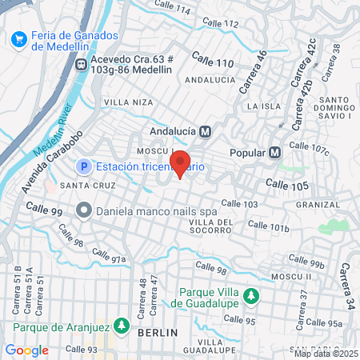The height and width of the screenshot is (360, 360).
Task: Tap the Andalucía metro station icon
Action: pyautogui.click(x=206, y=131)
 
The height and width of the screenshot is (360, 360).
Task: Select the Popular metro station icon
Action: pyautogui.click(x=275, y=152)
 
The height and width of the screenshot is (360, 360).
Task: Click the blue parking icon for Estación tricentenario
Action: pyautogui.click(x=83, y=166)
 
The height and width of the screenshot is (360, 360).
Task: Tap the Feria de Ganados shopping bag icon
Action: pyautogui.click(x=19, y=39)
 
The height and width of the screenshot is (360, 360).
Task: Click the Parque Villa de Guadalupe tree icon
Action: pyautogui.click(x=251, y=297)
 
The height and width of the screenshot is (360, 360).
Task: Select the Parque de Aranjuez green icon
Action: pyautogui.click(x=122, y=326)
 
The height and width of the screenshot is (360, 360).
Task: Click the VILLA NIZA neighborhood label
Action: pyautogui.click(x=128, y=102)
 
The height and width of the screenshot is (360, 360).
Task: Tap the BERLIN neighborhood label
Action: pyautogui.click(x=157, y=332)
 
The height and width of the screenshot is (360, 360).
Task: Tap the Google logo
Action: pyautogui.click(x=27, y=350)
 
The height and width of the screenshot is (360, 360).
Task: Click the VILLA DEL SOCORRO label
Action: pyautogui.click(x=211, y=226)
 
